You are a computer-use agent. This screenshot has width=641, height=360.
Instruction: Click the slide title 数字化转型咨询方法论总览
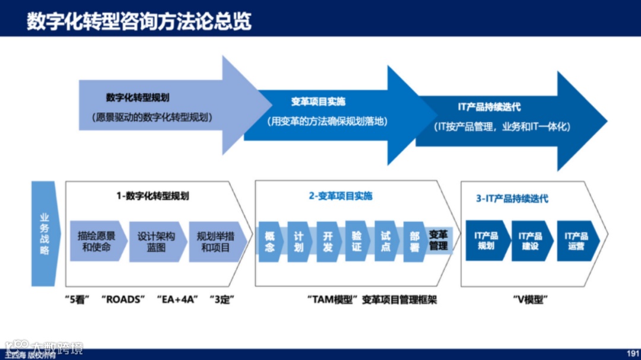click(139, 21)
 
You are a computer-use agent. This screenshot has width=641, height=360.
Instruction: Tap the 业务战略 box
click(45, 234)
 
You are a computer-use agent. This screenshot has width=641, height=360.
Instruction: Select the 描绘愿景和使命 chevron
click(96, 241)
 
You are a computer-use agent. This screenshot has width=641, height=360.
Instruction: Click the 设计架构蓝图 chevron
click(156, 241)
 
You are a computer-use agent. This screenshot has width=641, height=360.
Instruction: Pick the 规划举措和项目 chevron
click(215, 241)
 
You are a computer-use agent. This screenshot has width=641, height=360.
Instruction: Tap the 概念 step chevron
click(269, 241)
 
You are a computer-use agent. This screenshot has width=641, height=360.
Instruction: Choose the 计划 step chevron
click(299, 241)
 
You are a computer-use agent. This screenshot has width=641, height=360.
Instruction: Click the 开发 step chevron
click(328, 241)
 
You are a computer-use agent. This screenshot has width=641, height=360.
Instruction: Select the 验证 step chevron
click(357, 241)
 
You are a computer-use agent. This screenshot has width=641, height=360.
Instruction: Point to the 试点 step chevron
click(386, 241)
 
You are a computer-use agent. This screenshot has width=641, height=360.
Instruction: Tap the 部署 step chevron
click(414, 241)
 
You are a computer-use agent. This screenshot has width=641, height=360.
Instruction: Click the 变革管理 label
click(439, 240)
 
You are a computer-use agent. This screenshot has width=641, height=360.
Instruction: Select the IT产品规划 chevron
click(486, 240)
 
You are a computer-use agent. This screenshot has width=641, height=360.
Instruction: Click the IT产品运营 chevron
click(576, 240)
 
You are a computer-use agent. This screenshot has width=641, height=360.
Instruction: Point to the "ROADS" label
click(123, 300)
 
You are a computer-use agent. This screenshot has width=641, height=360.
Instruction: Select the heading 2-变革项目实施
click(341, 196)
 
